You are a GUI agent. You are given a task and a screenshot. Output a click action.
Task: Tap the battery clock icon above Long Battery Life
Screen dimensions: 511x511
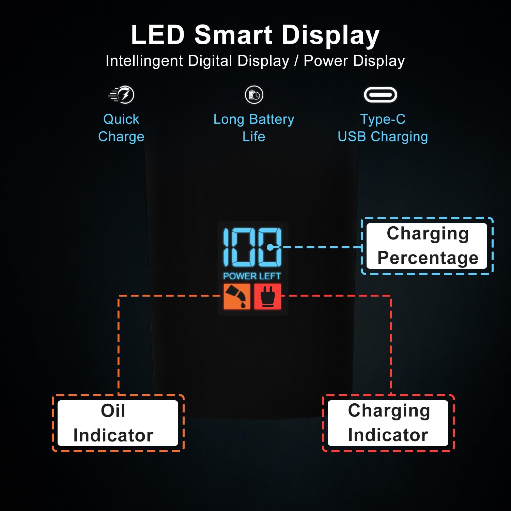click(254, 95)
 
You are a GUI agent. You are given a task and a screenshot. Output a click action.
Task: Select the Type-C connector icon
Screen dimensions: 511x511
click(381, 95)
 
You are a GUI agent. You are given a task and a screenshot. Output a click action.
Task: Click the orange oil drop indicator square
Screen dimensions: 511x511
click(237, 296)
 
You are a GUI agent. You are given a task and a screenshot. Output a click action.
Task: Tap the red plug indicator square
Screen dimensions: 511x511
click(267, 296)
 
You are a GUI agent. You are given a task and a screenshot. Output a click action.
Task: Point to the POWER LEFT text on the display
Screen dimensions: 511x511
click(252, 276)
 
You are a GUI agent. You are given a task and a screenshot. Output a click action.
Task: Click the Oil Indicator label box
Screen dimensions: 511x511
click(118, 423)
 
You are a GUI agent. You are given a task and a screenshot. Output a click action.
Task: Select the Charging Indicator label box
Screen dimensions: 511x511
click(388, 423)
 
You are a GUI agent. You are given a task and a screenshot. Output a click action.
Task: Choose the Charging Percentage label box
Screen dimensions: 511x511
click(427, 246)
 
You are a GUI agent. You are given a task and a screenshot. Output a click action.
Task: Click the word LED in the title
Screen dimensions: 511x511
click(158, 35)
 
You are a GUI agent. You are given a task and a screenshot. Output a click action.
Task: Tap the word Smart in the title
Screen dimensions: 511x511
click(233, 35)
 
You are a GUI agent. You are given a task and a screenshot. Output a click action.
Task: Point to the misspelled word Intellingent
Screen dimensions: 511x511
click(144, 61)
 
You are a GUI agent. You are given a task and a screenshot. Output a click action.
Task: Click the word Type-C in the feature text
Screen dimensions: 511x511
click(383, 119)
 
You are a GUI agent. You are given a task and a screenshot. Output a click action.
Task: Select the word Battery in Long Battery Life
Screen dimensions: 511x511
click(272, 120)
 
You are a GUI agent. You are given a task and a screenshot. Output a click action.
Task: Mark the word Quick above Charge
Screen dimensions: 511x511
click(121, 120)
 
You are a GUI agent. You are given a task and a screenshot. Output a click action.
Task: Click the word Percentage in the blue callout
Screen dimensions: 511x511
click(428, 258)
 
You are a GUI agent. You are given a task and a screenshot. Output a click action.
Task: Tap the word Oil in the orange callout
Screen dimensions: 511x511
click(113, 411)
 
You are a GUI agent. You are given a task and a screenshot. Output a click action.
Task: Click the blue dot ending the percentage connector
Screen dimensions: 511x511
click(270, 247)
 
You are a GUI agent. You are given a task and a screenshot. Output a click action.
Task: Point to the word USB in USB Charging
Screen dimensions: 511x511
click(352, 137)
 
